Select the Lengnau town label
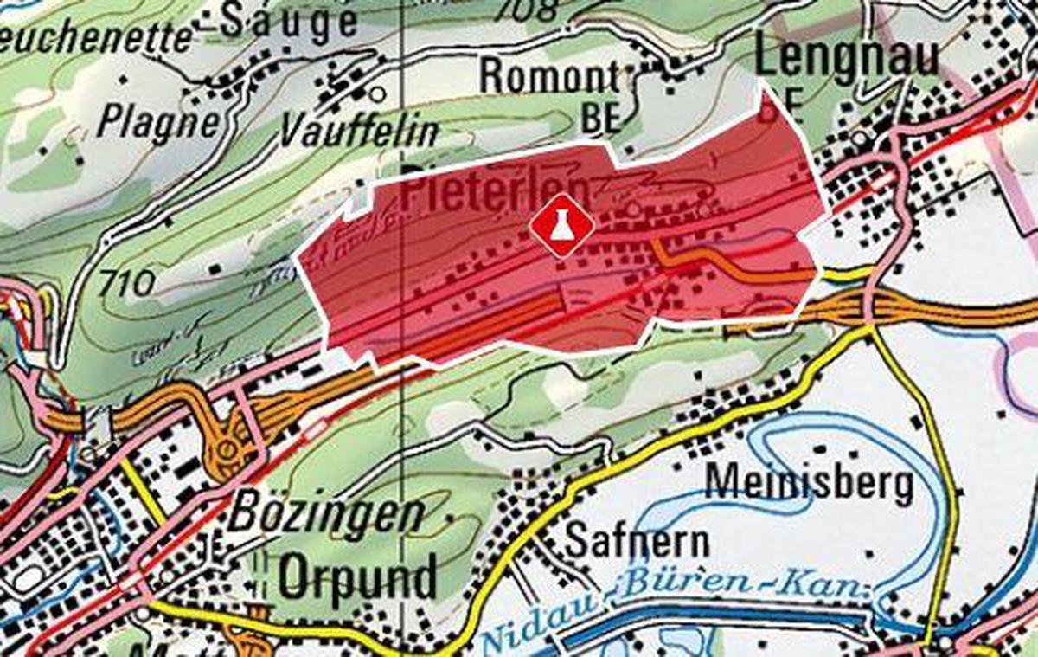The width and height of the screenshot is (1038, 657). click(x=847, y=59)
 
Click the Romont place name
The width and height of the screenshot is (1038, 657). click(x=550, y=77)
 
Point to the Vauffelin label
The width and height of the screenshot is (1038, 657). click(x=359, y=132)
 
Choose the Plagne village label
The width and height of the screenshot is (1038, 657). click(x=157, y=121)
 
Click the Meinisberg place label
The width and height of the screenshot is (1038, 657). click(x=810, y=482)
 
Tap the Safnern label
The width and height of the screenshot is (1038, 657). click(x=637, y=541)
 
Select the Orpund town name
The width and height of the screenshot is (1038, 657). click(x=356, y=578)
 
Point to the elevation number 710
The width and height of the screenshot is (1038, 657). click(x=126, y=282)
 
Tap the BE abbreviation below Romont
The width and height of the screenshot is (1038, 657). click(x=602, y=119)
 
